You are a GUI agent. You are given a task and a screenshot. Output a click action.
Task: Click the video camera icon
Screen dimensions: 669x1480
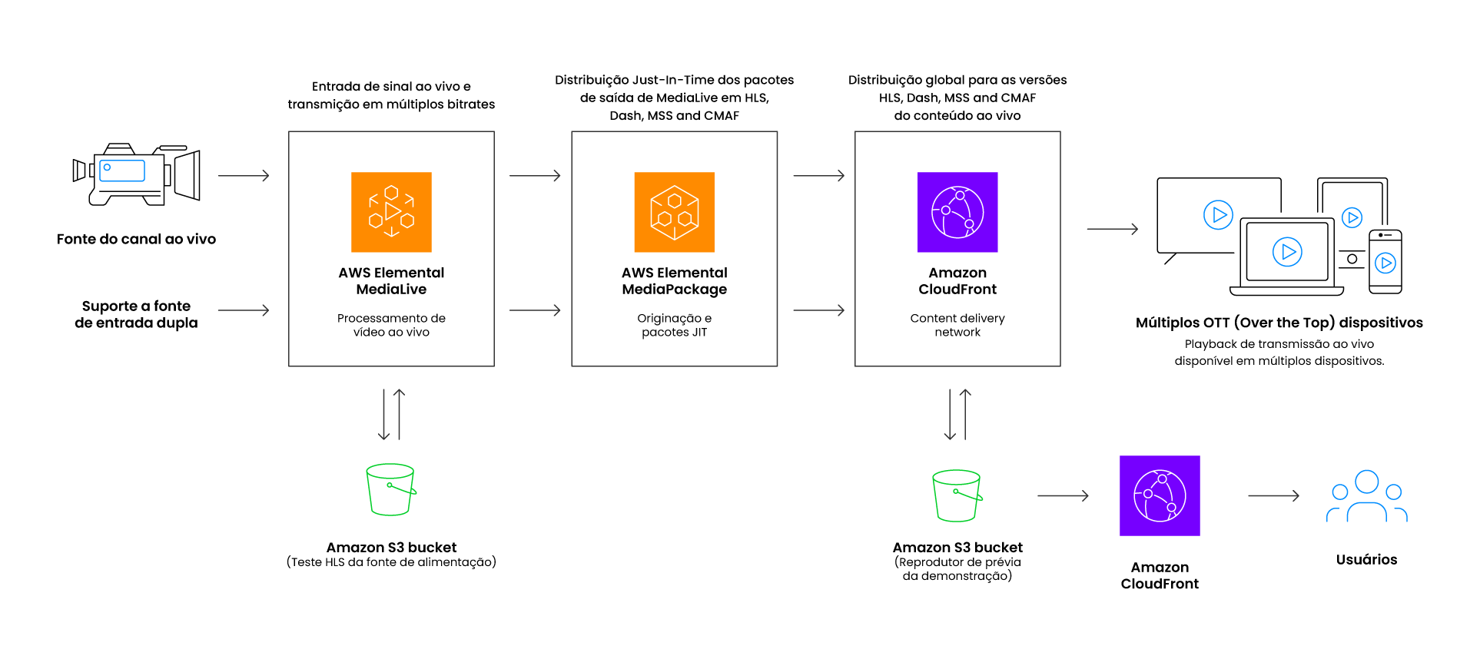pos(136,174)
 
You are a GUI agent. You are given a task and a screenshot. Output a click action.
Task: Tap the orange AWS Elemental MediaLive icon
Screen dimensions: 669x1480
pos(391,212)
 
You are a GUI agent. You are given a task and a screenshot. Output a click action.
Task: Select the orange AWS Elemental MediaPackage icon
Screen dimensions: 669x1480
pos(674,212)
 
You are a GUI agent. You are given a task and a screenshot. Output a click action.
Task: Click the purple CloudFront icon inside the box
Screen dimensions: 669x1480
pos(957,212)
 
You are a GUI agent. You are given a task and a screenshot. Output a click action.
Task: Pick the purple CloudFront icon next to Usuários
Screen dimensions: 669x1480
pos(1160,495)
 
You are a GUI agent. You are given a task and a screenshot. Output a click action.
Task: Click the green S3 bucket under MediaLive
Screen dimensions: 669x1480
pos(391,489)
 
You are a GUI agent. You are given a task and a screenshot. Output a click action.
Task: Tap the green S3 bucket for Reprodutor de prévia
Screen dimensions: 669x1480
pos(957,495)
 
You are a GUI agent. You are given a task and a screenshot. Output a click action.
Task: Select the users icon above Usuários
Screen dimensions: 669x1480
pos(1366,497)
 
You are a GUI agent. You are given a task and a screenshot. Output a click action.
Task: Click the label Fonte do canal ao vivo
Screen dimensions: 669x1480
pos(136,239)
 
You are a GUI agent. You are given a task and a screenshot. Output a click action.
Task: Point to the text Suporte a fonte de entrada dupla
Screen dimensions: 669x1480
pos(136,314)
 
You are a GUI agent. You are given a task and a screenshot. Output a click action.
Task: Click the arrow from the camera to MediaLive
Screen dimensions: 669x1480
pos(244,176)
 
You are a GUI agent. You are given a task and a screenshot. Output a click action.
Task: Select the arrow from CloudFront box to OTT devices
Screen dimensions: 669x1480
pos(1112,229)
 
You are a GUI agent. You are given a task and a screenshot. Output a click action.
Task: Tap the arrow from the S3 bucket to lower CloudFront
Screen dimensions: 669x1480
pos(1063,496)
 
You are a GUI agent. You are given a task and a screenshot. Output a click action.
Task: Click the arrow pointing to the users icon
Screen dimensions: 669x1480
pos(1273,496)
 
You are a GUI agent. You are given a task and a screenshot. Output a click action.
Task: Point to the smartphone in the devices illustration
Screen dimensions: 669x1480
pos(1385,262)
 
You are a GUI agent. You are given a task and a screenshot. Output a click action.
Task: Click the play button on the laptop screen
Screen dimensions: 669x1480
pos(1287,252)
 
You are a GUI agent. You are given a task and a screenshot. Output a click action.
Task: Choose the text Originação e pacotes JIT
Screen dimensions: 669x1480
pos(674,325)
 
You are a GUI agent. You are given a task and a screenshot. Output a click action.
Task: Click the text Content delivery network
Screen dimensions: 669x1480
pos(957,325)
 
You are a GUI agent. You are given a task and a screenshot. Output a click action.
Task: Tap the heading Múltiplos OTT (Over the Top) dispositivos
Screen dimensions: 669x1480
pos(1279,323)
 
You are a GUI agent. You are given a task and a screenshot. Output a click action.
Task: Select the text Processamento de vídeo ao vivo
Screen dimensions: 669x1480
pos(391,325)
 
